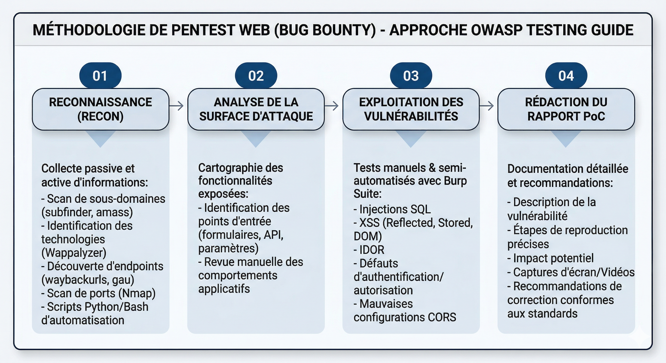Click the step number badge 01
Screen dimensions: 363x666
100,76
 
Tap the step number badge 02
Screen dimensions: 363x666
256,76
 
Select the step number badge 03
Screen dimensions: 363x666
411,76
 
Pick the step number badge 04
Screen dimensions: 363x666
566,76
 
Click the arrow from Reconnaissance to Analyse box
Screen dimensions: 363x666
177,105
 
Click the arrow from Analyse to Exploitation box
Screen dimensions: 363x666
332,105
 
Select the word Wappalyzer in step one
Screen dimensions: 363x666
74,253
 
